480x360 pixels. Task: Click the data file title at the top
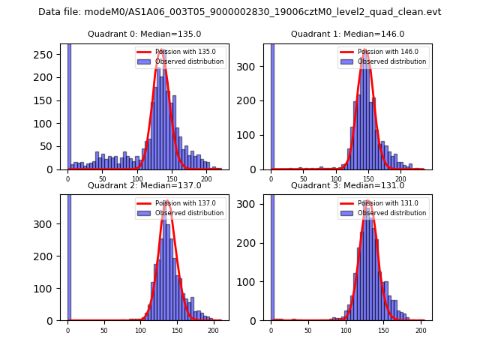click(240, 12)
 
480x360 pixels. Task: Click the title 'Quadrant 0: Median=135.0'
click(144, 34)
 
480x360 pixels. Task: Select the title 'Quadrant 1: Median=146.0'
click(347, 34)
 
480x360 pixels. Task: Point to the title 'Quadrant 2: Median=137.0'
click(144, 185)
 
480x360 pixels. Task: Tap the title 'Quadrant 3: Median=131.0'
click(347, 185)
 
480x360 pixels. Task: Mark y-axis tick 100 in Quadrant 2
click(46, 288)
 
